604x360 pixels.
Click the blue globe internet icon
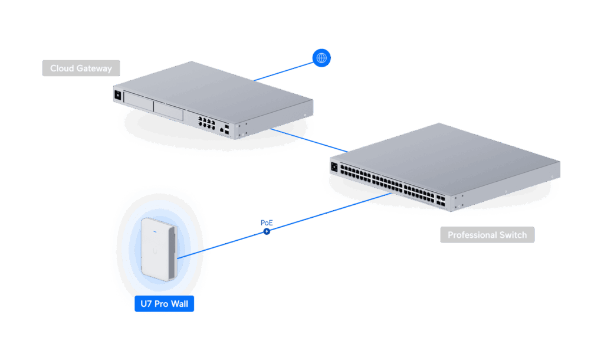321,58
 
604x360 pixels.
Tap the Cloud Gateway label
81,68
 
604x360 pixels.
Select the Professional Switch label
487,235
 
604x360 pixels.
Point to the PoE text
267,222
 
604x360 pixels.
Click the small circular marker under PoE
266,231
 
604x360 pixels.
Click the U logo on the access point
155,251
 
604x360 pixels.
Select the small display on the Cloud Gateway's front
117,94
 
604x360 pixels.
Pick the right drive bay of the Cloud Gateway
170,111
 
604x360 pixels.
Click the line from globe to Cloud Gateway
286,70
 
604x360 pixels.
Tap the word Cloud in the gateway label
61,68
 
